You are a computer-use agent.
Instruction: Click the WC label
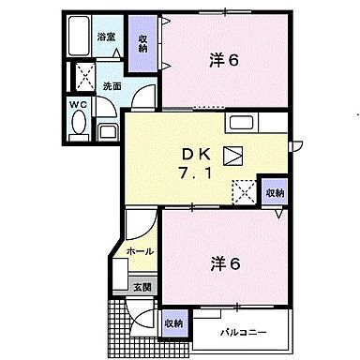click(x=77, y=104)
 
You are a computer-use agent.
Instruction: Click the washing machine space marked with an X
click(x=82, y=76)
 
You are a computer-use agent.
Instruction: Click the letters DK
click(x=195, y=153)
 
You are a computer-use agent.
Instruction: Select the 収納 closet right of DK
click(x=273, y=191)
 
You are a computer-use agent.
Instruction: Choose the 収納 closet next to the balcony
click(x=173, y=322)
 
